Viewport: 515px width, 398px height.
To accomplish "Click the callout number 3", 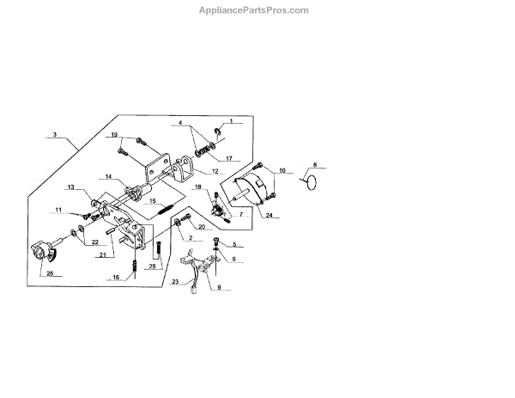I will coord(54,135).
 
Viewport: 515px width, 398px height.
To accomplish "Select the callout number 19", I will coord(113,135).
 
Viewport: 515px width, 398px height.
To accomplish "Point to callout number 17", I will coord(229,158).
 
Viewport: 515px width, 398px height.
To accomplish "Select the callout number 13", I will coord(72,187).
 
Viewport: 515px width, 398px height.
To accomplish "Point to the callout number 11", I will coord(59,209).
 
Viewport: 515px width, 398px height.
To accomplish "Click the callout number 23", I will coord(176,281).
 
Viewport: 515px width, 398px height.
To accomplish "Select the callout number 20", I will coord(201,228).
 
